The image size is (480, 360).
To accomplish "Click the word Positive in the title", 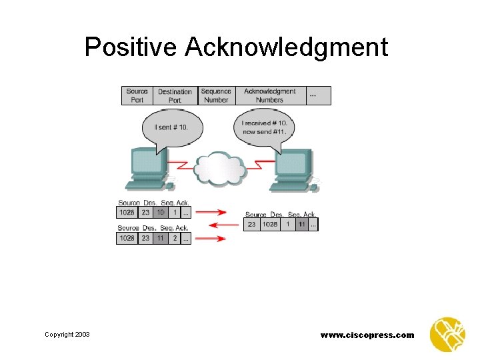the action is [x=130, y=47].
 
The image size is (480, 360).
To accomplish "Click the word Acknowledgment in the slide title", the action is [x=287, y=48].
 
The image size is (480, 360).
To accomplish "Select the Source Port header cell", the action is [x=137, y=95].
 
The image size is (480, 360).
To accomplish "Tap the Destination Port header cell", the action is [x=175, y=95].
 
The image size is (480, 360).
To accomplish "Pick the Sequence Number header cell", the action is [x=216, y=95].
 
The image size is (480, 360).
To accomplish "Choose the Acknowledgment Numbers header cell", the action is [x=269, y=95].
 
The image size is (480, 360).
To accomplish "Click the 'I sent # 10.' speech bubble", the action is [x=171, y=127].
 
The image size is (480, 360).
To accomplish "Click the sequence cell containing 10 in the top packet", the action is [x=160, y=213].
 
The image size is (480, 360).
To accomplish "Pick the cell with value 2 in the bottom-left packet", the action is [x=175, y=238].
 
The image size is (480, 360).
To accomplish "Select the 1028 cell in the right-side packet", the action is [x=269, y=225].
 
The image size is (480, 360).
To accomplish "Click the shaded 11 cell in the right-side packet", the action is [x=302, y=225].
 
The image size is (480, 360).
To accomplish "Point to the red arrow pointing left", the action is [x=223, y=225].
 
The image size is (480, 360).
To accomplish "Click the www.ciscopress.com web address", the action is [x=367, y=335].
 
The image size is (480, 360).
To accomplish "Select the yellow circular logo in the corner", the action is [x=447, y=334].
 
